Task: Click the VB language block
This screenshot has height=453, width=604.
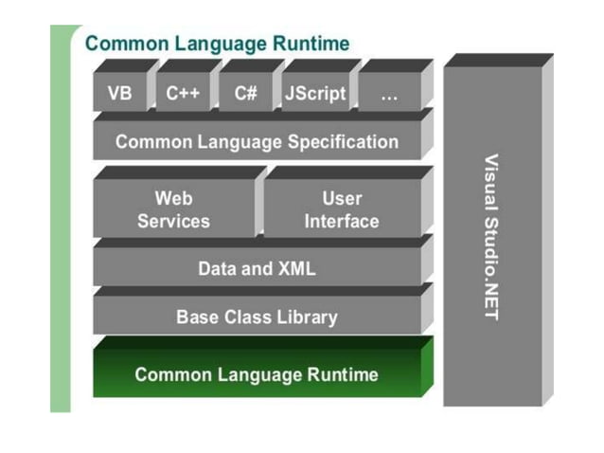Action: click(x=120, y=94)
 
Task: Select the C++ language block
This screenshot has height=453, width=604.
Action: click(x=183, y=94)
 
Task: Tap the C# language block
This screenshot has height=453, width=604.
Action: click(x=245, y=94)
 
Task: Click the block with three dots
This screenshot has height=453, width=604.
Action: click(x=389, y=94)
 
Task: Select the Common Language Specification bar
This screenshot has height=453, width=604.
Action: click(x=257, y=142)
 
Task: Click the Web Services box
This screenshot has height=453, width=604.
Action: click(x=173, y=209)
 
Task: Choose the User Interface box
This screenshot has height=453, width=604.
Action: click(x=341, y=209)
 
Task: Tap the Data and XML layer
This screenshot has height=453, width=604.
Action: click(x=257, y=268)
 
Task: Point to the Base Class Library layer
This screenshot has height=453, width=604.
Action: click(x=257, y=317)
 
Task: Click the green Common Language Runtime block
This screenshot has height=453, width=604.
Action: click(x=257, y=374)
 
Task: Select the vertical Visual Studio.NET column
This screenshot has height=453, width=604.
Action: click(x=490, y=237)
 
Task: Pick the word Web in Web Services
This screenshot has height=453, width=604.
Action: click(x=173, y=198)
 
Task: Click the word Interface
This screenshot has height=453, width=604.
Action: click(x=341, y=222)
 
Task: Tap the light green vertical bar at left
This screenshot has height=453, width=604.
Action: click(x=61, y=218)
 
